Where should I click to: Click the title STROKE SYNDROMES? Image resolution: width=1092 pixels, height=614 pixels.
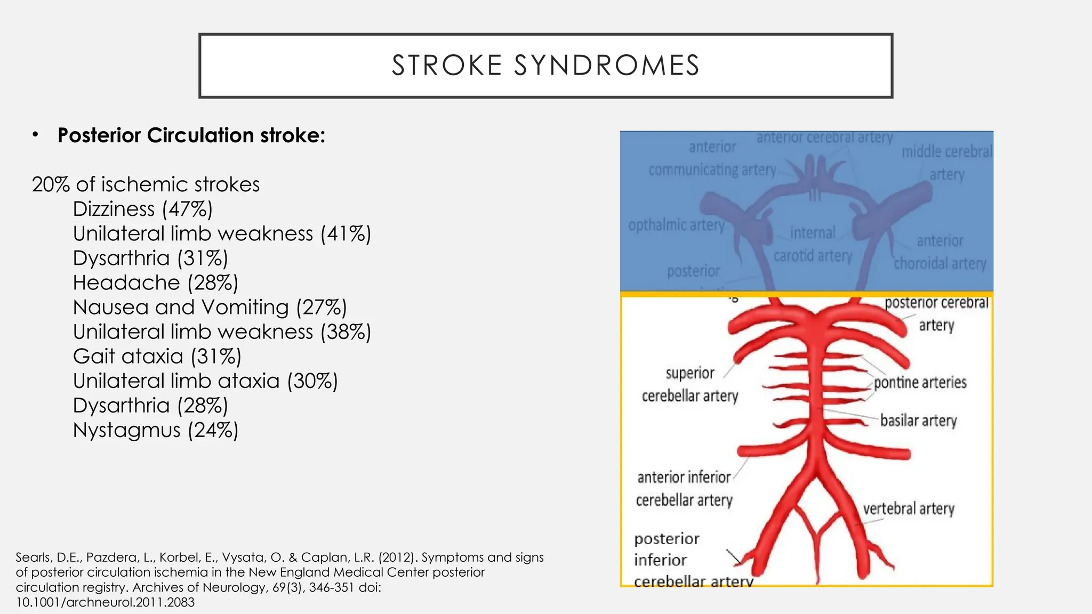(x=545, y=66)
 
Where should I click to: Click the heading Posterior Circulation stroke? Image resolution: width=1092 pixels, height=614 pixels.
(x=191, y=135)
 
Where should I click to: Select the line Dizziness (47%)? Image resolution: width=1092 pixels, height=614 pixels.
(x=142, y=209)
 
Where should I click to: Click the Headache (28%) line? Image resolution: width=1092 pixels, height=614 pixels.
(x=155, y=282)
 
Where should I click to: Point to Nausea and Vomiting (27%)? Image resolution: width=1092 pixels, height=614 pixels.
(x=210, y=307)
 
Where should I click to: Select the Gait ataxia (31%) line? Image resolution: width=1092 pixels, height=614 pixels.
(x=157, y=356)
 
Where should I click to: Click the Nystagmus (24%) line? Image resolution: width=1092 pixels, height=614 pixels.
(x=155, y=430)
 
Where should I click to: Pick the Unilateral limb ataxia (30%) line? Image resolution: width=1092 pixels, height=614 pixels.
(x=205, y=381)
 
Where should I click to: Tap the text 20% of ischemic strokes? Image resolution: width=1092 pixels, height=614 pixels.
(x=146, y=184)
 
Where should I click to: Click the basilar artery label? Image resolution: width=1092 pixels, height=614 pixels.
(x=918, y=421)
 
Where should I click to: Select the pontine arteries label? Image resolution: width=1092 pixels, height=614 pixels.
(x=920, y=382)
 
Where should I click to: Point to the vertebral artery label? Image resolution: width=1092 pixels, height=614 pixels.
(x=909, y=508)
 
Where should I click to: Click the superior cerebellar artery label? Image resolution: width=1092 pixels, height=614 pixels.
(x=689, y=384)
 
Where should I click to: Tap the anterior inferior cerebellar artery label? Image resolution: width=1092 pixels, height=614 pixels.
(x=684, y=488)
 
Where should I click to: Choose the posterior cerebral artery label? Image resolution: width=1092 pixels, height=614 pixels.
(x=936, y=313)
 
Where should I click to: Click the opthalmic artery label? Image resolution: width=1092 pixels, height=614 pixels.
(x=676, y=225)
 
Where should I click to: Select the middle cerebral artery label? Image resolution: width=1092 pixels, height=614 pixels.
(x=946, y=163)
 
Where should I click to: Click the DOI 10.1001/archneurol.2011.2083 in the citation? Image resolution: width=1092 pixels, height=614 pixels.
(x=105, y=602)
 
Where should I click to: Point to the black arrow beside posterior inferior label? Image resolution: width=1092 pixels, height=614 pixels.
(x=735, y=558)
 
